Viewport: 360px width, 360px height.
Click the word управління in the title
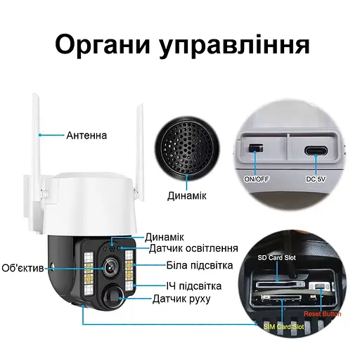pos(236,46)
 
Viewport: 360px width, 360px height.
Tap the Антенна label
pos(86,134)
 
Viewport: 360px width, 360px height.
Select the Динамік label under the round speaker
pos(186,195)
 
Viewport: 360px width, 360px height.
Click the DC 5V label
pos(316,179)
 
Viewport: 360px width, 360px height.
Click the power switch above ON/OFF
pos(255,149)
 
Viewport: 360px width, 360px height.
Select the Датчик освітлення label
pos(193,248)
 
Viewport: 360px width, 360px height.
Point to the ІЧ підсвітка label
pos(194,285)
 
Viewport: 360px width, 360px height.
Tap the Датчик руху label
pos(181,299)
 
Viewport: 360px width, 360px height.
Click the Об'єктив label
pos(23,268)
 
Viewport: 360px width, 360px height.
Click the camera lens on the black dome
pos(110,268)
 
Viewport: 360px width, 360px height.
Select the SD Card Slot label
pos(277,258)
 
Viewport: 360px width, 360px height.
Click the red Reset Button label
pos(323,314)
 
